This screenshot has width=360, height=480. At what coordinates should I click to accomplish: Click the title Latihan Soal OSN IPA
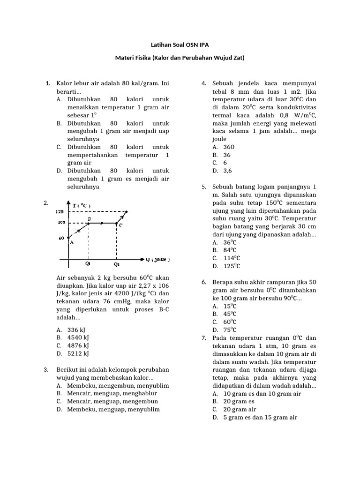click(x=180, y=45)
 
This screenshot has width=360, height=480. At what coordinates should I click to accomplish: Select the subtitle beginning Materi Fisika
click(x=180, y=58)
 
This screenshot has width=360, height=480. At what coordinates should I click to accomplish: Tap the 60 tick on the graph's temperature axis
click(x=61, y=238)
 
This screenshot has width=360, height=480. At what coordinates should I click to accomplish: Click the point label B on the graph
click(x=89, y=219)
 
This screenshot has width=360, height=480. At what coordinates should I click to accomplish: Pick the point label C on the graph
click(x=120, y=225)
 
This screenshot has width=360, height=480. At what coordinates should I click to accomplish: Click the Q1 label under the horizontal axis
click(x=88, y=263)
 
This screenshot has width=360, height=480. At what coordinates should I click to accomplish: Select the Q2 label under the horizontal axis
click(x=116, y=263)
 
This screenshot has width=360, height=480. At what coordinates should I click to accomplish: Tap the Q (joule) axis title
click(x=157, y=259)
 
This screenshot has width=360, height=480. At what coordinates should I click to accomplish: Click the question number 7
click(x=204, y=337)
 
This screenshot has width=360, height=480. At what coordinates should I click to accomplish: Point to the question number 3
click(x=46, y=369)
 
